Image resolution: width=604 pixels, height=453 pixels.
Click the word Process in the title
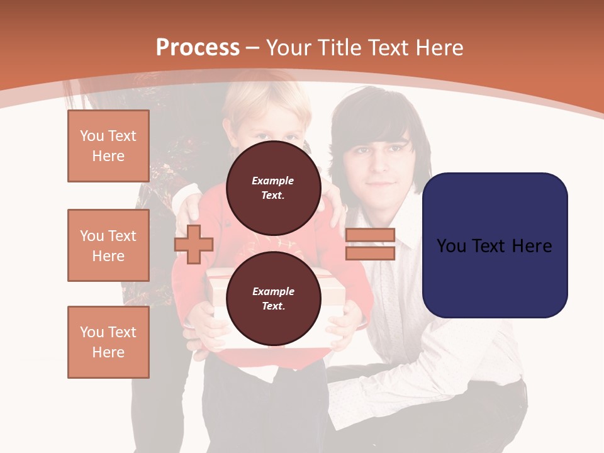point(198,48)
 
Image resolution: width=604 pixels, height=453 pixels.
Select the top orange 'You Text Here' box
point(108,146)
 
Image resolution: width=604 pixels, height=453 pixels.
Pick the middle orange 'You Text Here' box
point(108,245)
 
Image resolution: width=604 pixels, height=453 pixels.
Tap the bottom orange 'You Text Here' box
point(108,342)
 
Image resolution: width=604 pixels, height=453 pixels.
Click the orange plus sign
point(194,244)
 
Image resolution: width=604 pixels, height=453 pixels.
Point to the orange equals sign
point(370,244)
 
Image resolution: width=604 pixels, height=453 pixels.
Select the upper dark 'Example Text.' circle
point(273,188)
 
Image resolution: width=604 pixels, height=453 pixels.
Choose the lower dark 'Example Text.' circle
point(273,299)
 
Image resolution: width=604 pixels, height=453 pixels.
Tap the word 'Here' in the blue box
point(531,245)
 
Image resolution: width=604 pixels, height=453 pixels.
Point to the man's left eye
point(396,149)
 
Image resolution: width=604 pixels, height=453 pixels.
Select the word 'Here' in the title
point(440,48)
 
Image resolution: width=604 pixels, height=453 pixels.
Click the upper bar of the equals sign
point(370,235)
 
